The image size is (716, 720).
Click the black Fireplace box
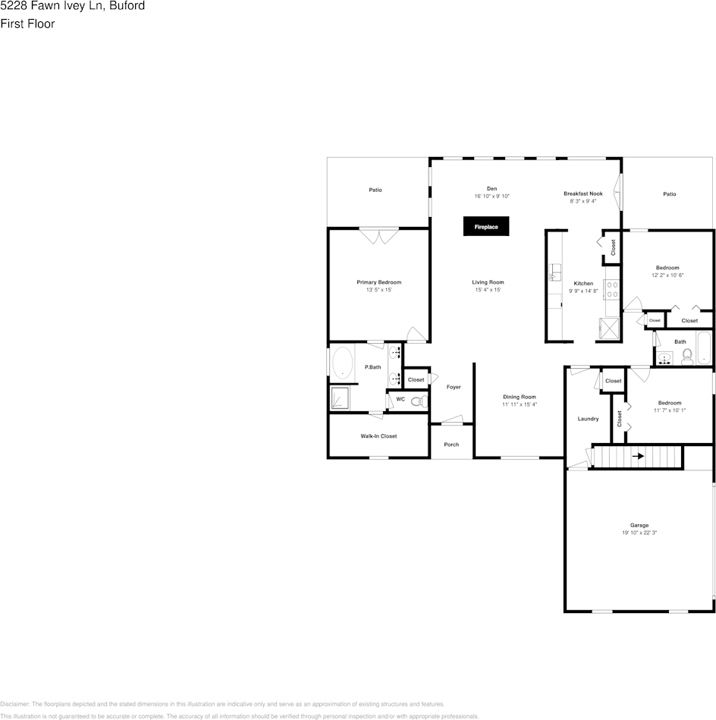click(486, 227)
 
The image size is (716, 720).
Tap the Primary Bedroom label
click(378, 282)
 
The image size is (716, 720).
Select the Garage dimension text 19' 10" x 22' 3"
click(639, 533)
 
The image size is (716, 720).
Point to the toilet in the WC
click(416, 401)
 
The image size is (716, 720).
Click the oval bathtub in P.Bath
click(343, 363)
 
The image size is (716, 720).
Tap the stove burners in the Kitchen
click(612, 289)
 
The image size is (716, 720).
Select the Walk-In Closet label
click(378, 436)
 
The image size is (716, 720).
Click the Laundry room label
click(588, 419)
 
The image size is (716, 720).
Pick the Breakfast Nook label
click(583, 193)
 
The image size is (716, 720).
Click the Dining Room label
click(519, 397)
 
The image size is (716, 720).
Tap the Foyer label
click(453, 387)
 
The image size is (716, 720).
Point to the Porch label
click(451, 445)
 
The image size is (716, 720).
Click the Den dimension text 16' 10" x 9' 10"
click(491, 197)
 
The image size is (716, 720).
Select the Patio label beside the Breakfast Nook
click(669, 194)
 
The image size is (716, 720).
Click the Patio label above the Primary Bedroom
click(375, 190)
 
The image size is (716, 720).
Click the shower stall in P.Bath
click(341, 398)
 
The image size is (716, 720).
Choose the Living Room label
click(488, 282)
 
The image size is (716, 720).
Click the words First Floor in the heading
click(27, 24)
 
